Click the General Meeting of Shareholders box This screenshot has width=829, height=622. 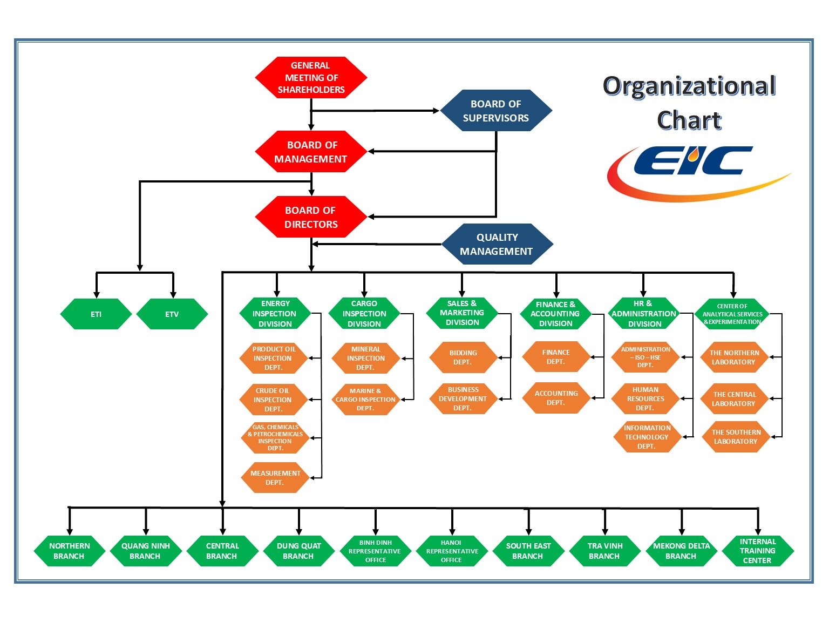[311, 78]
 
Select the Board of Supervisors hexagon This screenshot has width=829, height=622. [496, 111]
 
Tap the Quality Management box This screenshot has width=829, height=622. [497, 244]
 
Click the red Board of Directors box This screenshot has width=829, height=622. [311, 217]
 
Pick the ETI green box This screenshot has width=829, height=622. [96, 314]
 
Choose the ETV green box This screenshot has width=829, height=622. [172, 314]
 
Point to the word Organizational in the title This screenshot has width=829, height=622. [689, 86]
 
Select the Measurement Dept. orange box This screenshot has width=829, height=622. [275, 478]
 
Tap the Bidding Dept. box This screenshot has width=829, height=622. [463, 357]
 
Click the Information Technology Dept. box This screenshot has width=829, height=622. [647, 437]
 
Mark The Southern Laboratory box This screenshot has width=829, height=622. [735, 437]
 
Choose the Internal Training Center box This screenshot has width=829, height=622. [757, 551]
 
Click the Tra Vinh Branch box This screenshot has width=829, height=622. [604, 551]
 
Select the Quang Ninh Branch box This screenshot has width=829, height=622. [145, 551]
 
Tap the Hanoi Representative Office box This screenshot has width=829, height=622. [452, 551]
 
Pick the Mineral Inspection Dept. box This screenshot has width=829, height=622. [365, 359]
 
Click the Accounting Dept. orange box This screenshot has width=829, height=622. [556, 398]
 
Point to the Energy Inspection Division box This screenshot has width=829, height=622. [275, 314]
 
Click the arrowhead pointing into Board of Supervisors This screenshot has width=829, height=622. [437, 111]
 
